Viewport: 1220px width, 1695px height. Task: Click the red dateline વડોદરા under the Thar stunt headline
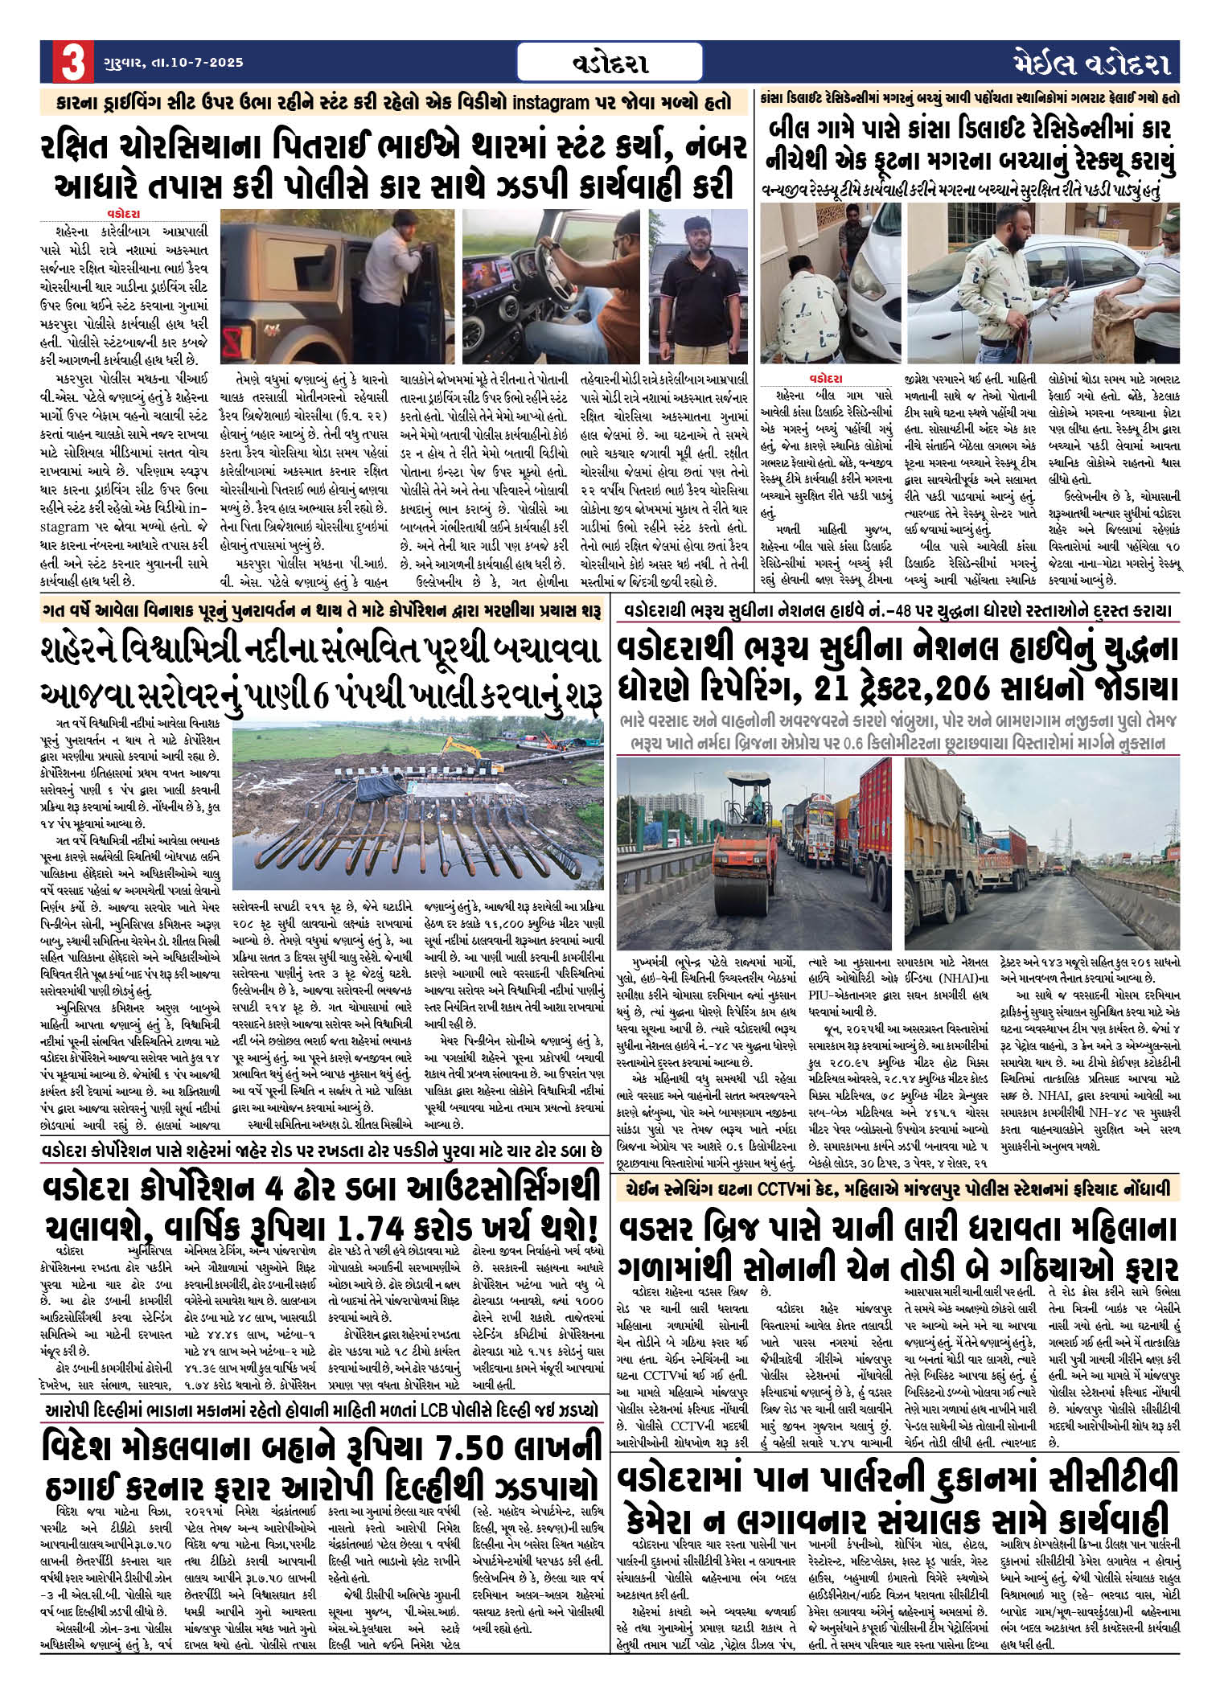123,214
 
